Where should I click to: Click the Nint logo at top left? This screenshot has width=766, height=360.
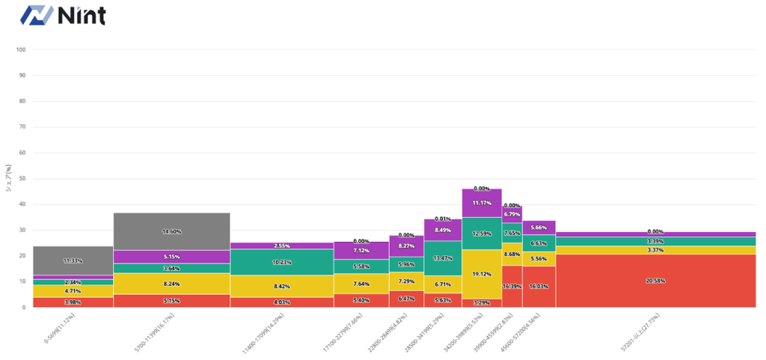[63, 15]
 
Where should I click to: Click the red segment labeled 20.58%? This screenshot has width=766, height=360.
[655, 281]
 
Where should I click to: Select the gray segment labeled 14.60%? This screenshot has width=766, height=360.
[171, 231]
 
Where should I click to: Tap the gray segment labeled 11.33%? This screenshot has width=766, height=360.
[73, 260]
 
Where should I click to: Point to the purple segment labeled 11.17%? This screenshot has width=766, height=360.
[482, 203]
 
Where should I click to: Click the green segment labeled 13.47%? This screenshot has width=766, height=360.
[443, 258]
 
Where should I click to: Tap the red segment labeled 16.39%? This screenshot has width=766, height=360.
[512, 286]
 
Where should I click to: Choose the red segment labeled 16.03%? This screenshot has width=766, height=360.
[539, 286]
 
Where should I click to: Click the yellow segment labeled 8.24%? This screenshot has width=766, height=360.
[171, 284]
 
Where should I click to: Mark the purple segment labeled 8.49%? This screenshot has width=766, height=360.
[443, 230]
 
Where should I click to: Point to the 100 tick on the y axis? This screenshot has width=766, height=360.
[22, 50]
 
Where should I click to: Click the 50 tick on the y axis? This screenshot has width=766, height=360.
[22, 179]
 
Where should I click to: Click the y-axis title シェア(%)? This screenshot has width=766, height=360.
[8, 179]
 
